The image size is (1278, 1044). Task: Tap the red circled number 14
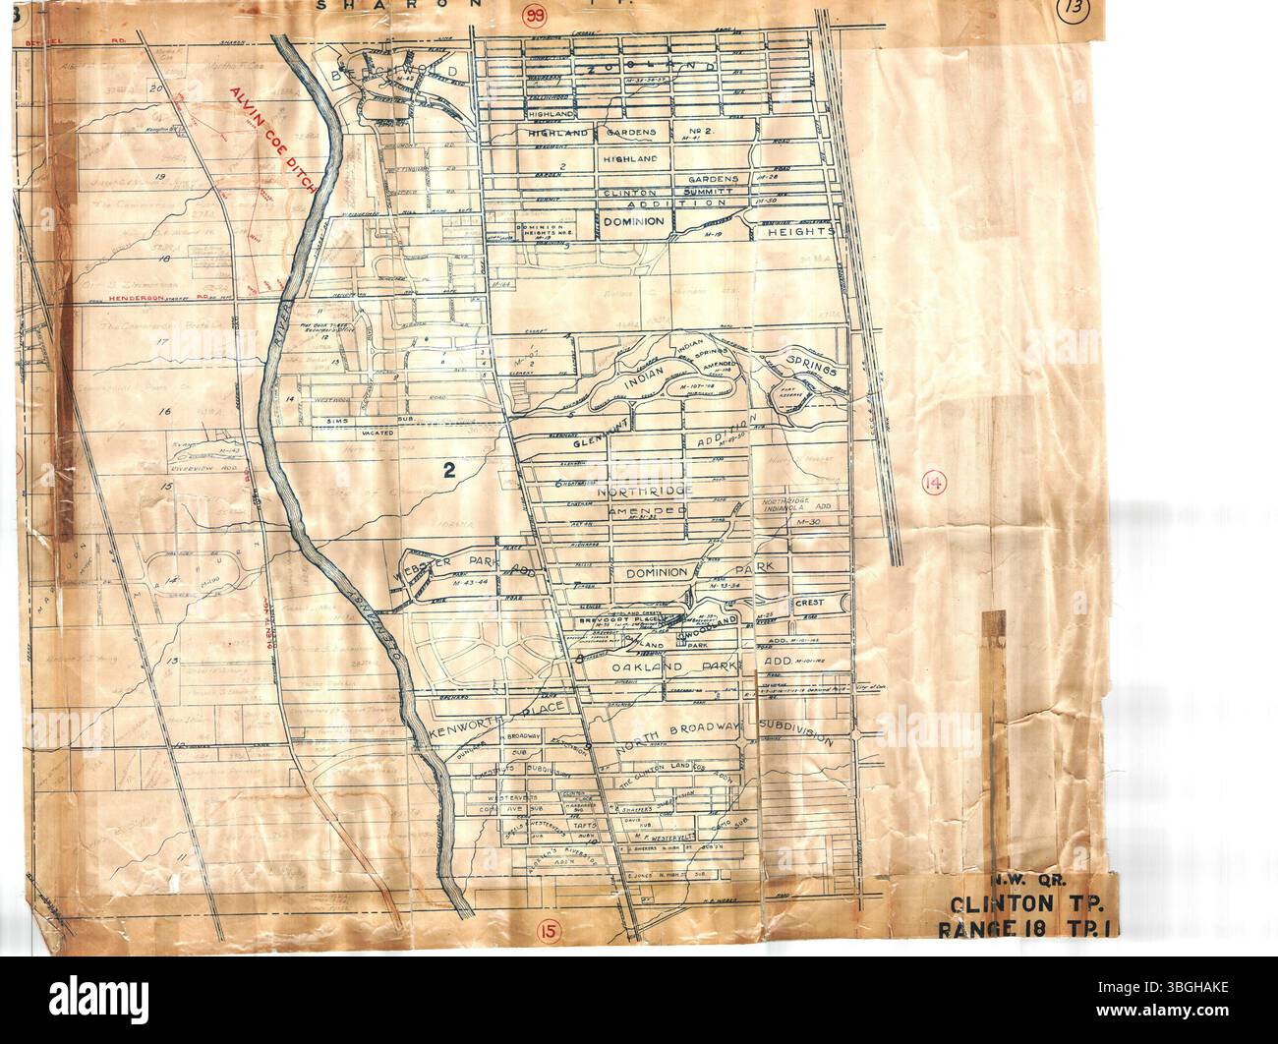coord(933,482)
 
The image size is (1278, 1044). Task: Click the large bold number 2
coord(450,471)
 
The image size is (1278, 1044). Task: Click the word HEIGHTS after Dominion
coord(805,232)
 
